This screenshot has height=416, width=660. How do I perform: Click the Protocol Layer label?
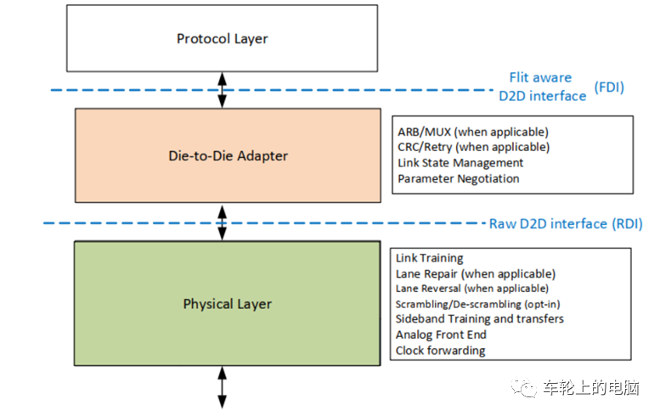[x=222, y=39]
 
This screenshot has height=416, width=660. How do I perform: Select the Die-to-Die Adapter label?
[x=228, y=155]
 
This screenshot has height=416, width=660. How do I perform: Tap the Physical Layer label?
[x=228, y=304]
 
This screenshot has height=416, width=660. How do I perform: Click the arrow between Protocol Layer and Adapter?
[x=223, y=90]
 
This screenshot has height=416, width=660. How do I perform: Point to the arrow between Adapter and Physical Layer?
[x=223, y=222]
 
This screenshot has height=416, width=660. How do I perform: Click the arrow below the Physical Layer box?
[x=223, y=387]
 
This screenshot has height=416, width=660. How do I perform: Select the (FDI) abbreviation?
[x=609, y=87]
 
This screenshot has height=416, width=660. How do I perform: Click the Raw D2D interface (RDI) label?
[x=566, y=223]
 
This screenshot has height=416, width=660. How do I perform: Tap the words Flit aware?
[x=540, y=77]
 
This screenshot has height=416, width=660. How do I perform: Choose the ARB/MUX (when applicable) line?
[x=473, y=132]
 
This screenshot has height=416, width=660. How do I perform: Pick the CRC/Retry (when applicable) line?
[x=473, y=147]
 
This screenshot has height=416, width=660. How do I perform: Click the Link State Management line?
[x=460, y=163]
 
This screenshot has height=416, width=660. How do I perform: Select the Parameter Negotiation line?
[x=459, y=178]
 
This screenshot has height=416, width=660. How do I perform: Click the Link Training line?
[x=429, y=258]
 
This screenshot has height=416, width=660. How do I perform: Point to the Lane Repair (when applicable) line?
[x=476, y=274]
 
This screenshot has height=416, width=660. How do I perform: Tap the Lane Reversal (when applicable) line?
[x=472, y=289]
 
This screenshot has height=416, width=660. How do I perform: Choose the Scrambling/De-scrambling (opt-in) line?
[x=477, y=304]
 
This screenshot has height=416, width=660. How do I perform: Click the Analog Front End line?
[x=441, y=334]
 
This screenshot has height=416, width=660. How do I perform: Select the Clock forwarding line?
[x=440, y=351]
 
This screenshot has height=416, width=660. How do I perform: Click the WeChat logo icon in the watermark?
[x=524, y=387]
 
